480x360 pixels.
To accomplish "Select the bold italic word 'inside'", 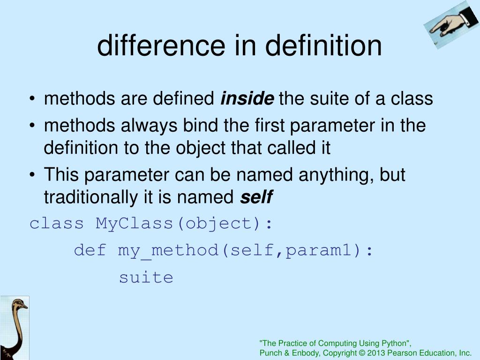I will pyautogui.click(x=247, y=98).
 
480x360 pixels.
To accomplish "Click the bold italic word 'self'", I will pyautogui.click(x=256, y=197).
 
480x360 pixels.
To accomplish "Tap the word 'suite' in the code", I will pyautogui.click(x=146, y=277).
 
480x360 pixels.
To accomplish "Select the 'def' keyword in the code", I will pyautogui.click(x=90, y=250).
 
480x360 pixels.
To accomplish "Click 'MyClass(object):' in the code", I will pyautogui.click(x=184, y=223).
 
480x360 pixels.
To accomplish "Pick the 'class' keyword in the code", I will pyautogui.click(x=57, y=223).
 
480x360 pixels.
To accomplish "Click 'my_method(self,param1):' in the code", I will pyautogui.click(x=246, y=250).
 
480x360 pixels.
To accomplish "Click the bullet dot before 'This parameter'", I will pyautogui.click(x=32, y=175).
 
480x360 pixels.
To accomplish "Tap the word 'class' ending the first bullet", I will pyautogui.click(x=412, y=98).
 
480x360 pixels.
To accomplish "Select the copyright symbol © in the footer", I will pyautogui.click(x=361, y=353).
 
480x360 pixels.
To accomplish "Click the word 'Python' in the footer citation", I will pyautogui.click(x=394, y=343).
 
